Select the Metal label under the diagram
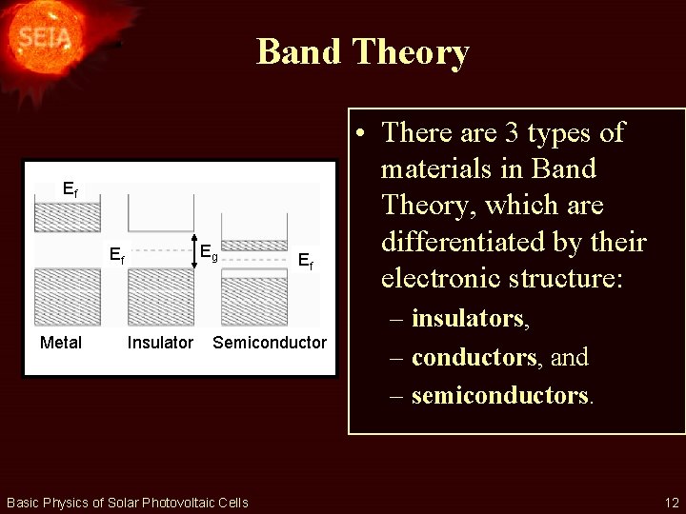tap(61, 343)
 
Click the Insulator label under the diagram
tap(160, 343)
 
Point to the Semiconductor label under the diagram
tap(270, 343)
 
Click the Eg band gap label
tap(209, 253)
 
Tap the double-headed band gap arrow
tap(193, 251)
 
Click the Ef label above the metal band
tap(70, 189)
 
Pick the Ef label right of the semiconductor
tap(305, 259)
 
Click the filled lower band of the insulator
tap(161, 297)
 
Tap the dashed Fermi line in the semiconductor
tap(254, 258)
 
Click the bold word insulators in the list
tap(469, 319)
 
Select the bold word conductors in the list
tap(474, 357)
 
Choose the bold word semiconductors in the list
tap(500, 395)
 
